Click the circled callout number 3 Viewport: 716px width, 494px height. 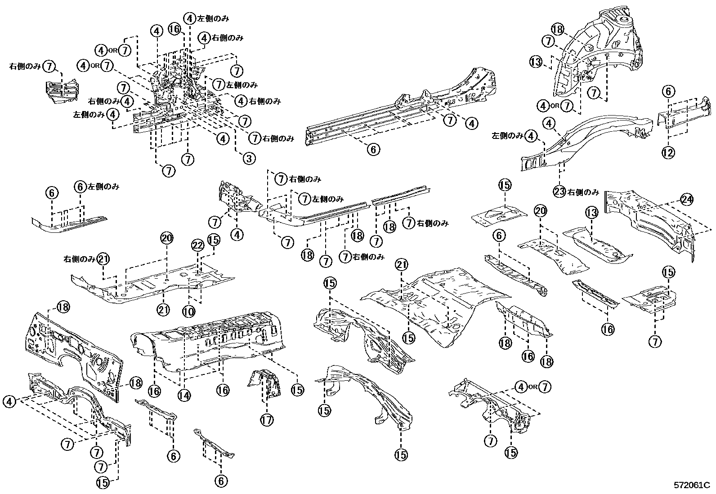click(x=248, y=158)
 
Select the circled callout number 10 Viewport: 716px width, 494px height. click(x=188, y=311)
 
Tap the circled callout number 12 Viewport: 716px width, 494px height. click(x=668, y=153)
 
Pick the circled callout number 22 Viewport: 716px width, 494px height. click(x=198, y=245)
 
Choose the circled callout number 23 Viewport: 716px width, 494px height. click(x=559, y=192)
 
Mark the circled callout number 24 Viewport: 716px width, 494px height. click(x=686, y=199)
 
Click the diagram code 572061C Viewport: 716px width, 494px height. click(x=691, y=485)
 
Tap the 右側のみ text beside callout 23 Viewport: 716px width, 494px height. click(x=583, y=192)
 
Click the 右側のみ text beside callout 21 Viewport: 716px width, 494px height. click(x=79, y=259)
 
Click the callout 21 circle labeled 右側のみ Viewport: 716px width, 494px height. click(x=103, y=259)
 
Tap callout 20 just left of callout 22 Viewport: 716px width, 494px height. click(x=166, y=239)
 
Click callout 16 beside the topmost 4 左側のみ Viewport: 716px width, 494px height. click(x=175, y=29)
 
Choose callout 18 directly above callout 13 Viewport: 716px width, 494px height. click(x=557, y=29)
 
